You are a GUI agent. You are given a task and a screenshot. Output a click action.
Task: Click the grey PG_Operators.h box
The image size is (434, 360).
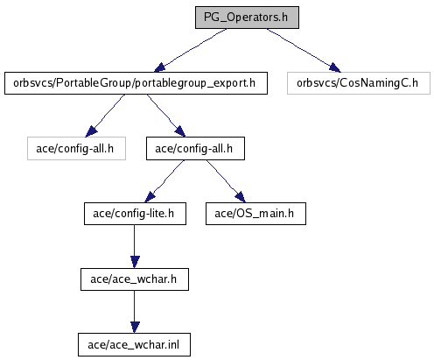[247, 18]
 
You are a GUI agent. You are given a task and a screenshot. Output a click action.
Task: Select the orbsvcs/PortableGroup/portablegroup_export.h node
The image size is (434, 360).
[136, 83]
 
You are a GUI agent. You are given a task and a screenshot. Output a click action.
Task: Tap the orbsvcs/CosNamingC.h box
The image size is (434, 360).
[359, 83]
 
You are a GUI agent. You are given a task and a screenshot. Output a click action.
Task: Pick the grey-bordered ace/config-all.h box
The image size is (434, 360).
[76, 149]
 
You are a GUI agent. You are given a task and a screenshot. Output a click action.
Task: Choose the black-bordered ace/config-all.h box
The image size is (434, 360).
[195, 149]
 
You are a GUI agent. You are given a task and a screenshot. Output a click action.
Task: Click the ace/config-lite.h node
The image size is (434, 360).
[135, 214]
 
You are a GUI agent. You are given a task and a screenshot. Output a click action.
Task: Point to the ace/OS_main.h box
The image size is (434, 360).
[255, 214]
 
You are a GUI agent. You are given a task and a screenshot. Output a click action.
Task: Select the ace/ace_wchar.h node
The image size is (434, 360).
[135, 279]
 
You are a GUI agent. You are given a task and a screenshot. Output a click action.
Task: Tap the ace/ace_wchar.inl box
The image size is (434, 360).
[134, 345]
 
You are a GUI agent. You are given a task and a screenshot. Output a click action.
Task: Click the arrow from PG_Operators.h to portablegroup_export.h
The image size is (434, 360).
[190, 50]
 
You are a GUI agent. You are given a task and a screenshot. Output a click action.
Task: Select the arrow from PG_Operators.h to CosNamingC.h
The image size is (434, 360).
[304, 50]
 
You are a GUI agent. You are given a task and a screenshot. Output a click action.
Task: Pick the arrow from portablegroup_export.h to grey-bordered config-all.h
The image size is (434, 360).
[105, 116]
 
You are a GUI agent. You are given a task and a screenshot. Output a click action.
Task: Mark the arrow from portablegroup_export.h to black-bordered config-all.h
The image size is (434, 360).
[166, 116]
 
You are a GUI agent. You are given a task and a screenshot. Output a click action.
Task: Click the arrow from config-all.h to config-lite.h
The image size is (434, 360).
[164, 181]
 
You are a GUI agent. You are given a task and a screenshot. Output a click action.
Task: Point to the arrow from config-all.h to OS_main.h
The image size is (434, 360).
[226, 181]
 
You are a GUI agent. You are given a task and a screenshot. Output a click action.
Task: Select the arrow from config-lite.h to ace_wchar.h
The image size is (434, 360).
[135, 246]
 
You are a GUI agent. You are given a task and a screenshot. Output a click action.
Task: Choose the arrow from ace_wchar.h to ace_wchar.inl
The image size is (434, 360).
[135, 312]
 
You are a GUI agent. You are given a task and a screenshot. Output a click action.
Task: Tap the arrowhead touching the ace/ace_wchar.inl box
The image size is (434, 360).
[135, 328]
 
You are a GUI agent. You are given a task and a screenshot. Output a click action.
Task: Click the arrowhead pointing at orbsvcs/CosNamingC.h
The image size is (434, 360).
[335, 67]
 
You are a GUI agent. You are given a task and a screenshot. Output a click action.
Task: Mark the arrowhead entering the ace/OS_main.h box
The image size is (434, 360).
[241, 197]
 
